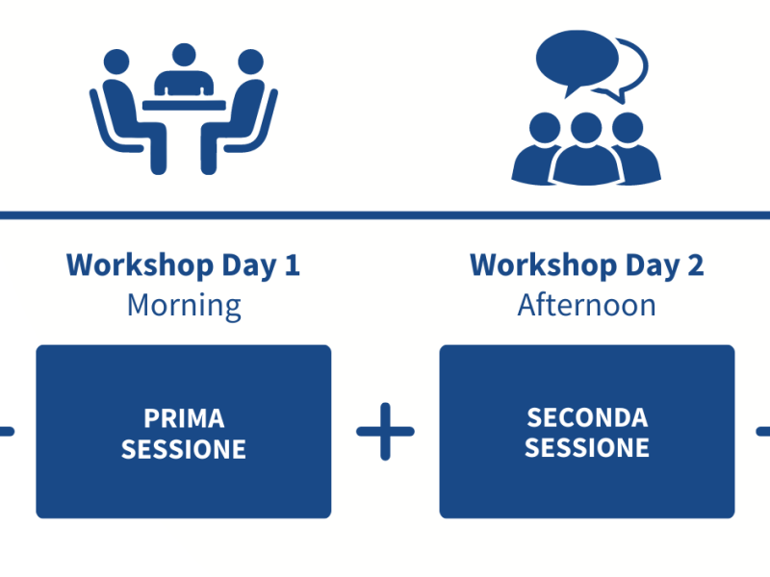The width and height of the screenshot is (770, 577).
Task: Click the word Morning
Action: (x=184, y=306)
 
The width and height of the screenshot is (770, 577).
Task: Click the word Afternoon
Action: (x=587, y=305)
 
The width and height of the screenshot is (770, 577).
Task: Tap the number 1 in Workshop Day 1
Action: (x=293, y=265)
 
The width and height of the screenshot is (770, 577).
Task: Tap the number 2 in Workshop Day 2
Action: (x=695, y=265)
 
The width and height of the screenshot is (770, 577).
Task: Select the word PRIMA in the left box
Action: (x=184, y=418)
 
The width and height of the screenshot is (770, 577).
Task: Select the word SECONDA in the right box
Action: (x=587, y=418)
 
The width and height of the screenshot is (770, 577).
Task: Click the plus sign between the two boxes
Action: (x=386, y=432)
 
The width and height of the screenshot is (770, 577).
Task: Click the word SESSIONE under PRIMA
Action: (x=184, y=449)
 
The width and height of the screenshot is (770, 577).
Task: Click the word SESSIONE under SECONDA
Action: (x=587, y=448)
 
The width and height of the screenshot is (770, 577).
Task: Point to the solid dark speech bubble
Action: (x=577, y=60)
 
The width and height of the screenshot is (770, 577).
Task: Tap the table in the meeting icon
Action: (x=184, y=105)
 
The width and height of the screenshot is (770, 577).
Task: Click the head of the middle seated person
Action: (x=184, y=55)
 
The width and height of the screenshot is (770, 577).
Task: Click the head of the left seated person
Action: (x=116, y=62)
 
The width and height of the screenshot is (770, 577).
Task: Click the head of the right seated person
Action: (x=250, y=62)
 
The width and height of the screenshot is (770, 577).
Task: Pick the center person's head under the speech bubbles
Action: (x=586, y=128)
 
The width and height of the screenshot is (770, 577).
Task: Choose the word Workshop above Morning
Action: (x=140, y=265)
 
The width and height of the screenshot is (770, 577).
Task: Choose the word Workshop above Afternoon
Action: (x=544, y=265)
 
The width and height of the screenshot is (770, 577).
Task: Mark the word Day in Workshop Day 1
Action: (x=249, y=266)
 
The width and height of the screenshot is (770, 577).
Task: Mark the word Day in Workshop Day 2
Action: (x=653, y=266)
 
